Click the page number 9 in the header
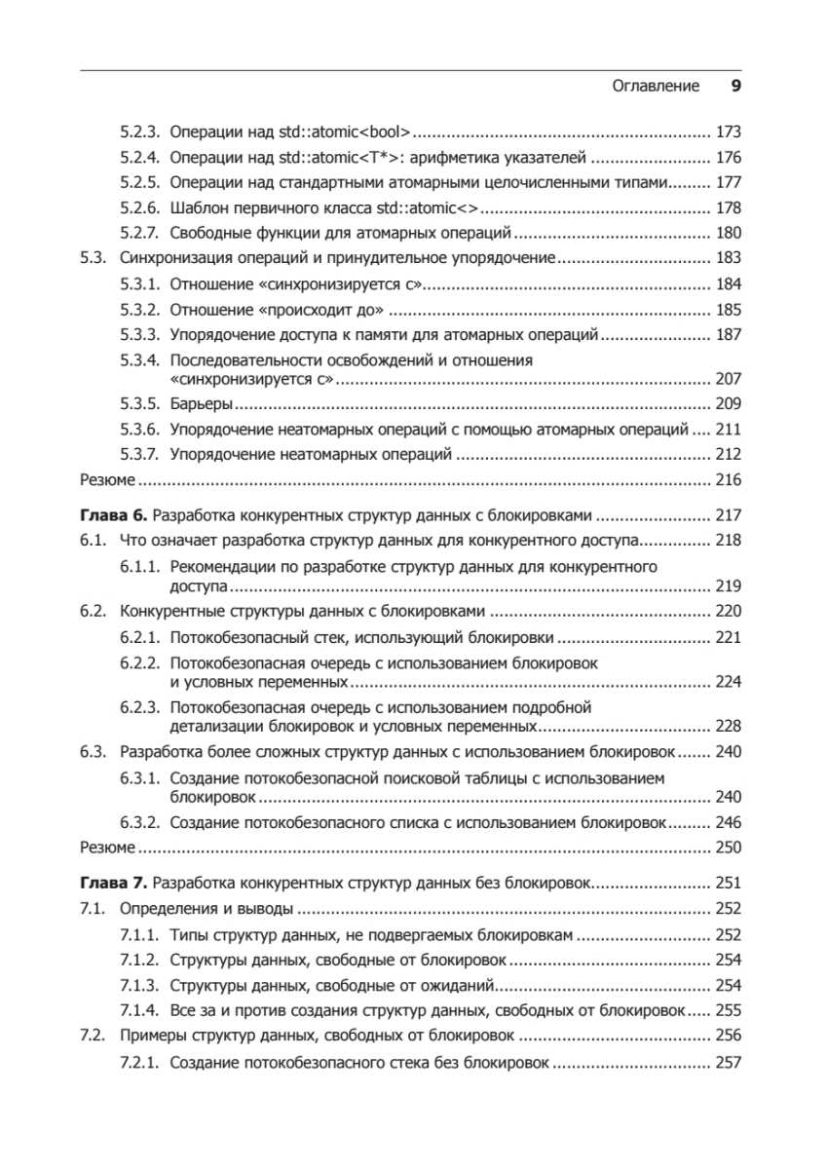tap(736, 86)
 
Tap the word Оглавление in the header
tap(656, 86)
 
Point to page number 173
tap(728, 131)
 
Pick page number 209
tap(728, 403)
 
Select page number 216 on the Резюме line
tap(728, 479)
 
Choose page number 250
tap(728, 847)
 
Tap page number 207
tap(728, 379)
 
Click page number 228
tap(728, 726)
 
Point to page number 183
tap(728, 258)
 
